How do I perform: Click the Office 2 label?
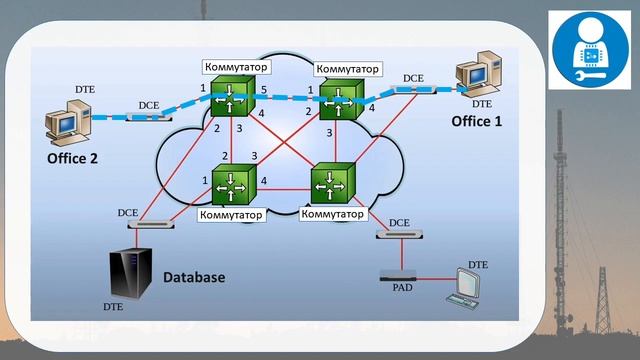click(x=72, y=158)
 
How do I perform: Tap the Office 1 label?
click(x=476, y=121)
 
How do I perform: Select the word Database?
click(x=194, y=277)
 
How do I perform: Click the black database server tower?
click(x=131, y=273)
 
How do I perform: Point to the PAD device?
click(x=398, y=276)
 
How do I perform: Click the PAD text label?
click(x=402, y=288)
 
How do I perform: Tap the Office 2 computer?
click(x=68, y=123)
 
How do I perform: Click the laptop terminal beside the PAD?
click(x=463, y=289)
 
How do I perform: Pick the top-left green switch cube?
click(x=230, y=96)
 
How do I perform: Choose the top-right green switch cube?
click(x=341, y=99)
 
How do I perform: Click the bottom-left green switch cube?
click(x=234, y=184)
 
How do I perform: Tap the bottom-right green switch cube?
click(x=333, y=182)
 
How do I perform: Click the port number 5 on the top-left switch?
click(x=264, y=89)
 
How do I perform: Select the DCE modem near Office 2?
click(x=149, y=117)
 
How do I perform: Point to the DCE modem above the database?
click(x=151, y=224)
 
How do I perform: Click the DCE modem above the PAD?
click(x=399, y=234)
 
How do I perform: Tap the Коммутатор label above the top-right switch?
click(x=348, y=69)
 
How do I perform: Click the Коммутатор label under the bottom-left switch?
click(x=231, y=215)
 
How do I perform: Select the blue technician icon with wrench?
click(x=589, y=50)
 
